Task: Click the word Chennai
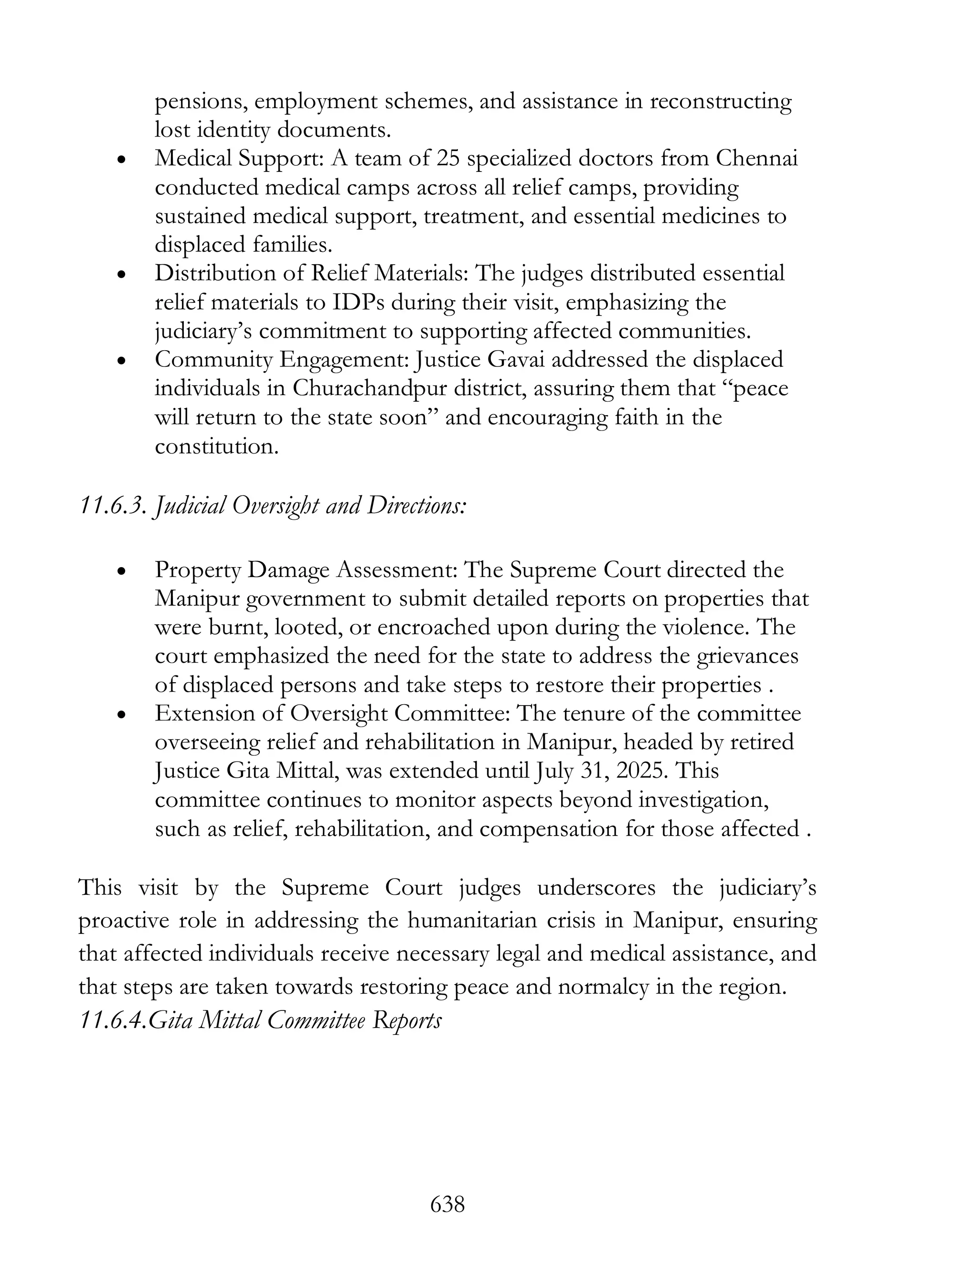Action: [757, 158]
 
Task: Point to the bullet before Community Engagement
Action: [121, 362]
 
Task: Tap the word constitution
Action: [217, 446]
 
